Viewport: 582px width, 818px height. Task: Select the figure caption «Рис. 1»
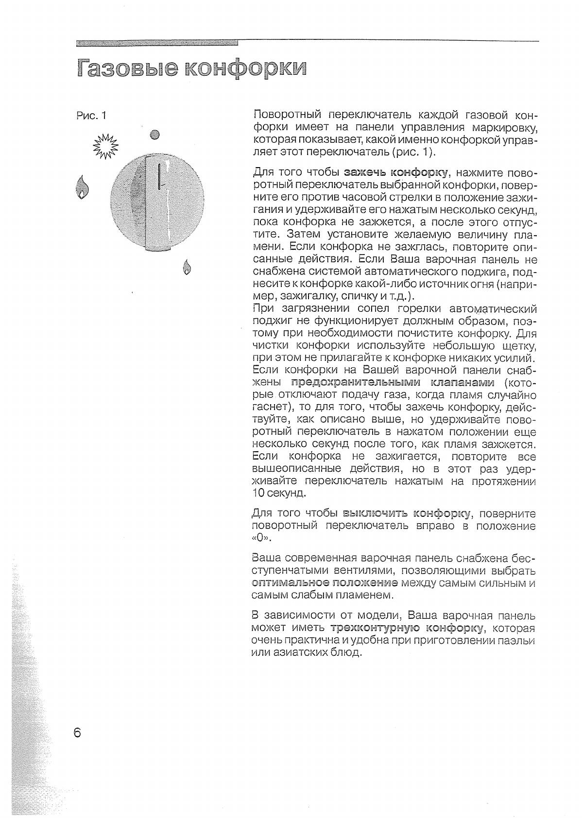pos(91,116)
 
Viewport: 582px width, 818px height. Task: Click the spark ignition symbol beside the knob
pos(105,146)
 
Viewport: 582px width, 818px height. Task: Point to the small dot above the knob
pos(155,135)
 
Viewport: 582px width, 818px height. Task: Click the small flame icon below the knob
pos(187,267)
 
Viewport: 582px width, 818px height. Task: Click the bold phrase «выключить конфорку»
pos(407,513)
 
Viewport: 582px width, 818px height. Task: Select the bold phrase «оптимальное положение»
pos(325,582)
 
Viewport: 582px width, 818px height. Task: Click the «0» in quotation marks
pos(260,539)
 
